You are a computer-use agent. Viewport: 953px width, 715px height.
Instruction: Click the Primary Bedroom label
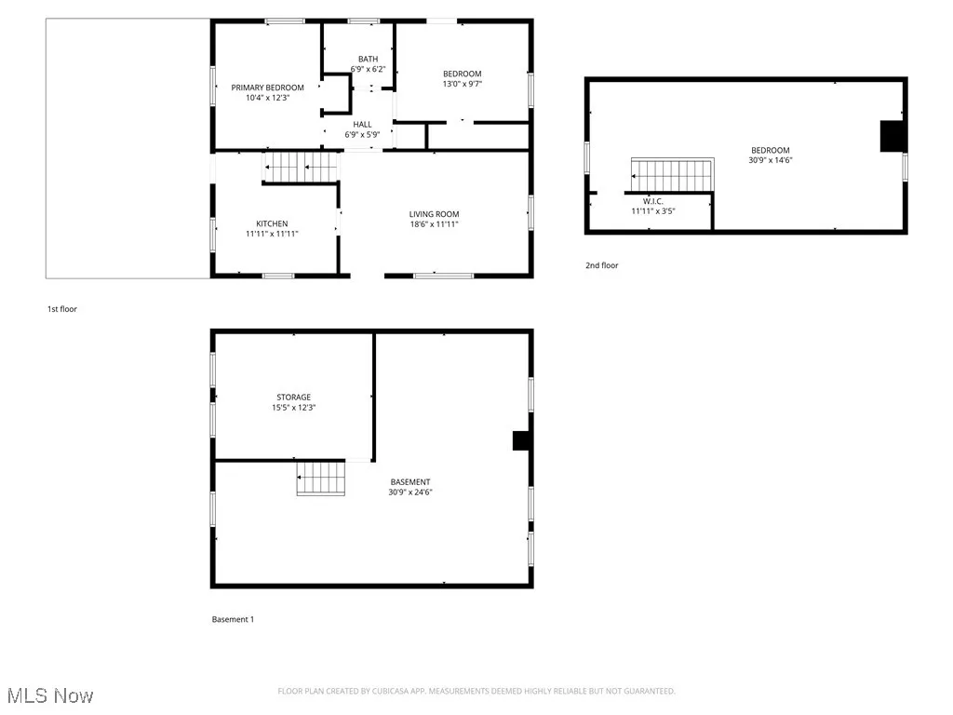click(x=268, y=88)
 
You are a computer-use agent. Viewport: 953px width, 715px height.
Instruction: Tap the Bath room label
click(x=368, y=60)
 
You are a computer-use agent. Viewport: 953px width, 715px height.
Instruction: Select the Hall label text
click(x=361, y=124)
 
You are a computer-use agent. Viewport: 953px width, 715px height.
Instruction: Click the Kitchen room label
click(x=272, y=223)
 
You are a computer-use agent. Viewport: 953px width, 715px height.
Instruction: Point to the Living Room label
click(x=435, y=214)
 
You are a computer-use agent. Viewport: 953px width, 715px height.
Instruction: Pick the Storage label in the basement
click(x=293, y=398)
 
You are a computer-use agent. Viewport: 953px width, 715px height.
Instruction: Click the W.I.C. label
click(x=652, y=201)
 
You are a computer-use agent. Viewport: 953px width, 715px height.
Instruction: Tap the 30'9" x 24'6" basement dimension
click(x=410, y=492)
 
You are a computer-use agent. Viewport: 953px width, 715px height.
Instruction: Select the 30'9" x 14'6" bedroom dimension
click(x=771, y=160)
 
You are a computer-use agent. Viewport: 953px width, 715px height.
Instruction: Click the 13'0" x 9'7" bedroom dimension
click(x=462, y=84)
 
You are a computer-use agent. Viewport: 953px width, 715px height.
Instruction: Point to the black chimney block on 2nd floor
click(x=893, y=137)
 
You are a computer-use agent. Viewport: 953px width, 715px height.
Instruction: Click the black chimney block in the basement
click(x=522, y=441)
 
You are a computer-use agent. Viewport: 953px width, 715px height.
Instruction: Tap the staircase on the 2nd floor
click(x=671, y=174)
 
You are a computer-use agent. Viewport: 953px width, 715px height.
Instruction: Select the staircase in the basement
click(x=321, y=479)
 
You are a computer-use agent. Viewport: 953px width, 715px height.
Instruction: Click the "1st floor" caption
click(x=62, y=309)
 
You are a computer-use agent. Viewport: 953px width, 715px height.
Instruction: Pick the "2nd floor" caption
click(x=601, y=266)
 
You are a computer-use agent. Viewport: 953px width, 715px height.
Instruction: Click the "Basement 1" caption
click(x=233, y=619)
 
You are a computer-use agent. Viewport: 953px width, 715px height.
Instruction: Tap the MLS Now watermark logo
click(x=49, y=695)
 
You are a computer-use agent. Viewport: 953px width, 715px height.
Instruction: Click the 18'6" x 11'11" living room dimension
click(x=435, y=224)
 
